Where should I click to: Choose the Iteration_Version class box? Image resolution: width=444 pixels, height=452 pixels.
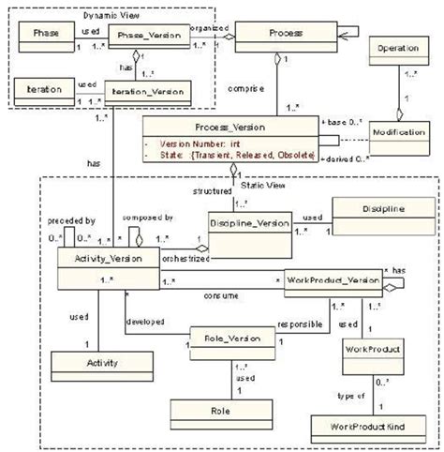pos(147,92)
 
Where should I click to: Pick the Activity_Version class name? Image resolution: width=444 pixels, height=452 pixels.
pos(98,257)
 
